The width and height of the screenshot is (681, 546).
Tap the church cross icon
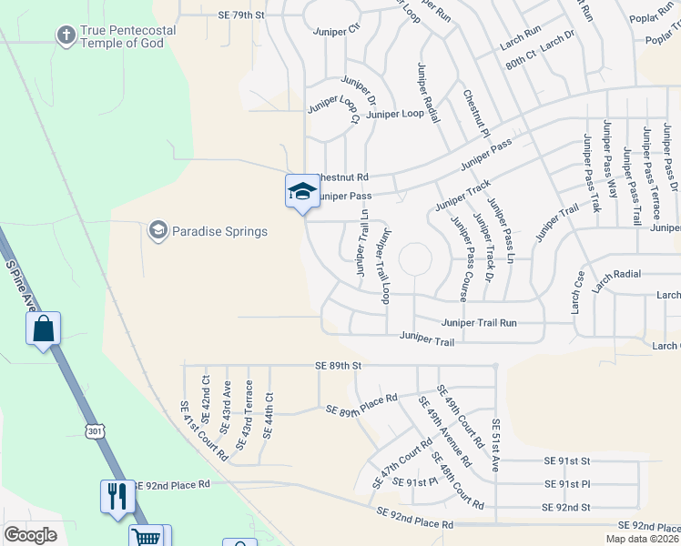pyautogui.click(x=66, y=36)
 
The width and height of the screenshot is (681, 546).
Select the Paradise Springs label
pyautogui.click(x=220, y=231)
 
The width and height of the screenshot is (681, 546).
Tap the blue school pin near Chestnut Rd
pyautogui.click(x=301, y=191)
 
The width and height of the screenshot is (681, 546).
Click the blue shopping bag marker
pyautogui.click(x=44, y=329)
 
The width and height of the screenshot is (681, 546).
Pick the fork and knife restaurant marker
pyautogui.click(x=117, y=496)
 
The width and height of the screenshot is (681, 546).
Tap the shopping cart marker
pyautogui.click(x=147, y=537)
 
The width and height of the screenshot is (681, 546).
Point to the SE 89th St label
pyautogui.click(x=338, y=365)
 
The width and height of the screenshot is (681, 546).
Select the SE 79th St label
pyautogui.click(x=241, y=15)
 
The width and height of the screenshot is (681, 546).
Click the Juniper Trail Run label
pyautogui.click(x=479, y=322)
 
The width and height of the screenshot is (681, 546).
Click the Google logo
pyautogui.click(x=30, y=535)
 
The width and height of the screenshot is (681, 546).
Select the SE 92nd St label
pyautogui.click(x=565, y=507)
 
